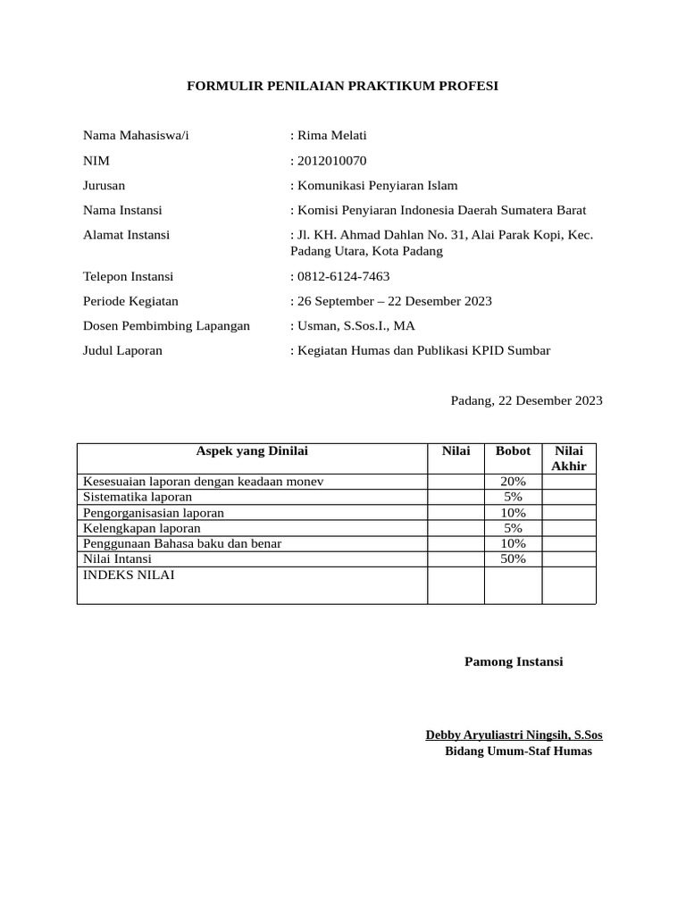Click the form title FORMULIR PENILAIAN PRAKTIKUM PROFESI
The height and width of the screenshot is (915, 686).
(x=342, y=86)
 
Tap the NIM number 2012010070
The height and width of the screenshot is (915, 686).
(x=330, y=161)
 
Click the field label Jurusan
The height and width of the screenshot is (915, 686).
(x=104, y=186)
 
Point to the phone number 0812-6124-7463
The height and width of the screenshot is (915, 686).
(x=342, y=276)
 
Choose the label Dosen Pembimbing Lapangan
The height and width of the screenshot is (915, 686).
(x=166, y=326)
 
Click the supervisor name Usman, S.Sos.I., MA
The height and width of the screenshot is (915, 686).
(x=355, y=326)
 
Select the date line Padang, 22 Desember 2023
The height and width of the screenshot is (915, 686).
(x=526, y=400)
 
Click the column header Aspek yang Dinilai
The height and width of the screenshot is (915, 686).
(x=252, y=451)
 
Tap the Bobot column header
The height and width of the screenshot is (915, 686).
(x=513, y=451)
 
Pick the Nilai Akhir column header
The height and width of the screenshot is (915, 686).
(x=569, y=458)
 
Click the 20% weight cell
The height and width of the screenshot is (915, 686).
(x=513, y=482)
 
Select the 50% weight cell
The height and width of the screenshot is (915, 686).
(x=513, y=559)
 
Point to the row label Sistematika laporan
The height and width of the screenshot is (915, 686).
(x=138, y=497)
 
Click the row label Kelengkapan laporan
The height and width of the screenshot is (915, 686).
(x=141, y=528)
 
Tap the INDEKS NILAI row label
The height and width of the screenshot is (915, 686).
(x=129, y=575)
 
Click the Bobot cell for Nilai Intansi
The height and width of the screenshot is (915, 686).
(x=513, y=559)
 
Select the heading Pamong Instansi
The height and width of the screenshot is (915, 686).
(x=514, y=662)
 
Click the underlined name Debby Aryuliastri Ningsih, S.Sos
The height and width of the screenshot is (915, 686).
(x=514, y=735)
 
